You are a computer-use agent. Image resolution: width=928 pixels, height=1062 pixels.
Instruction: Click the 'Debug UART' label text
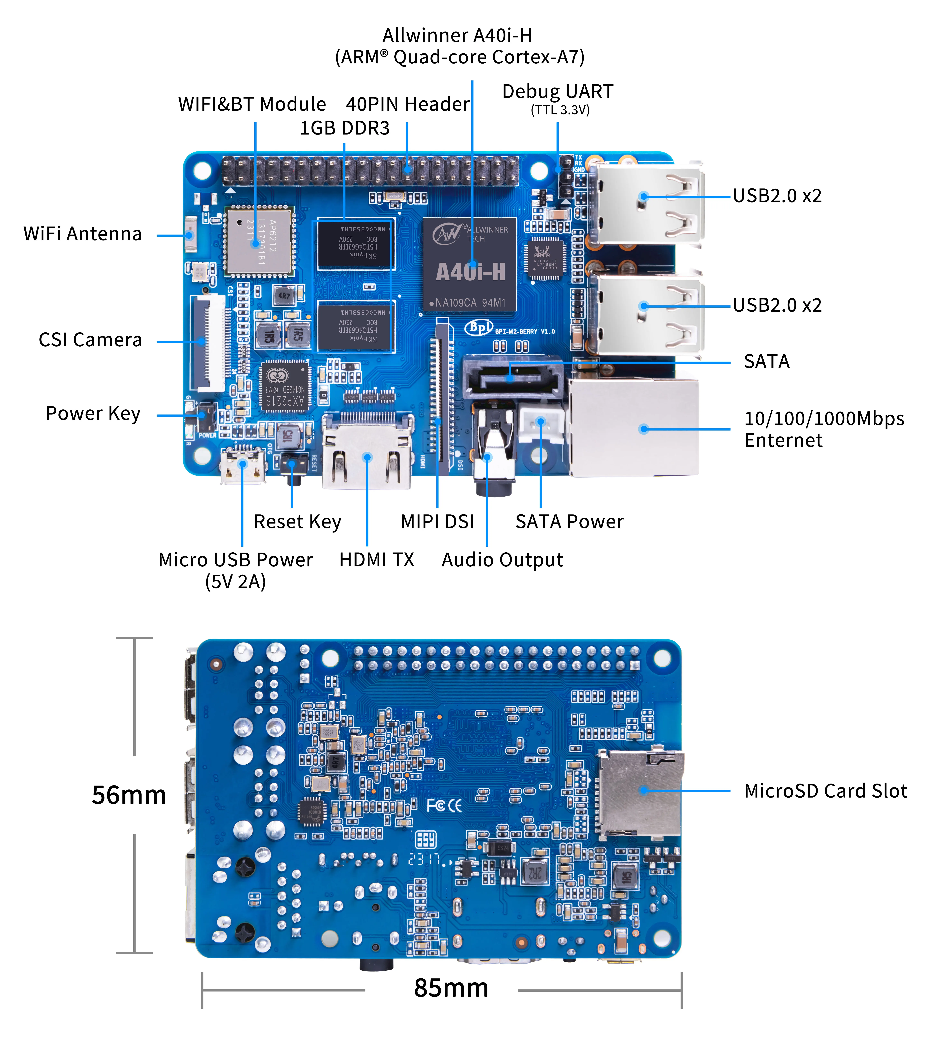558,92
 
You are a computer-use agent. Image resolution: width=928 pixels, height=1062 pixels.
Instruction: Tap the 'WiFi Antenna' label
83,234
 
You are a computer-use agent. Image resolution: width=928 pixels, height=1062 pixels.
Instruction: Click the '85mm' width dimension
451,988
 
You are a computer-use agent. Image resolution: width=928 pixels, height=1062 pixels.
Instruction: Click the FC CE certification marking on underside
444,806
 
